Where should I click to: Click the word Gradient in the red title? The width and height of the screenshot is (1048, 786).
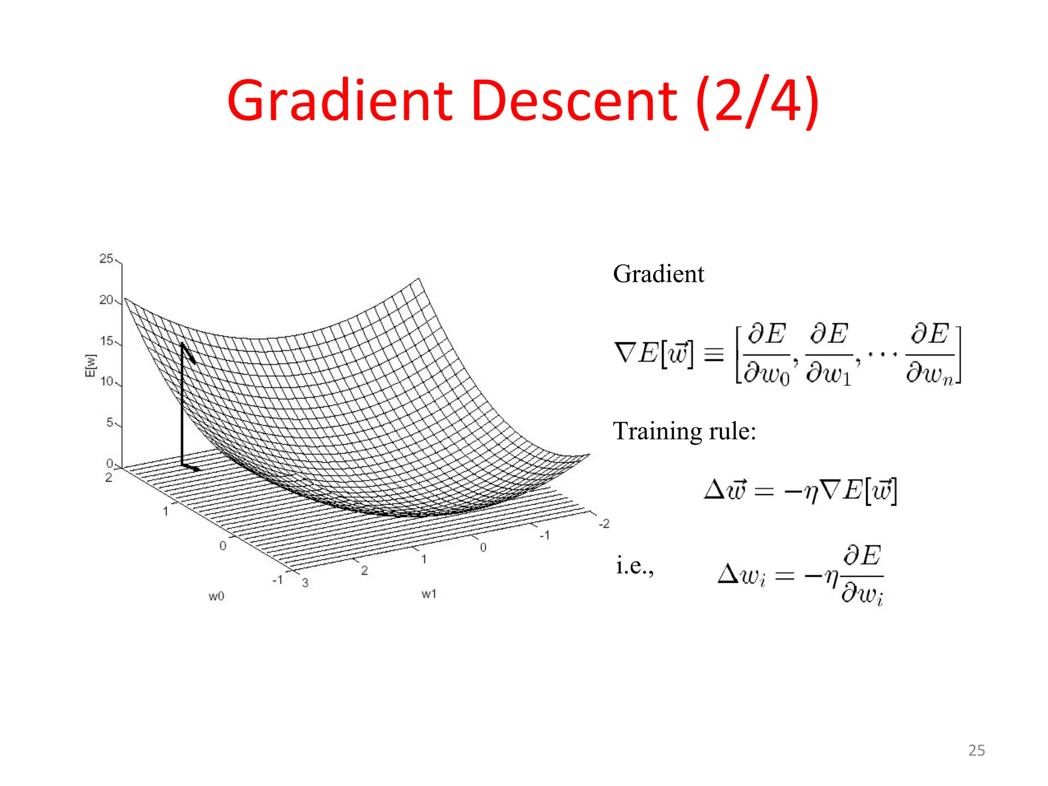339,101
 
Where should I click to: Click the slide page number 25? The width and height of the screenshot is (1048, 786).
976,750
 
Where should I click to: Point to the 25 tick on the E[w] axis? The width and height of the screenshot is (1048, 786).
106,259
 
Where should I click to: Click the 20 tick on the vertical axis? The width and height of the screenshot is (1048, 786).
106,300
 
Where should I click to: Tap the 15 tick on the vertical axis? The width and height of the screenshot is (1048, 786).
106,341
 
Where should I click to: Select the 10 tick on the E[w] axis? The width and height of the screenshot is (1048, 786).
106,382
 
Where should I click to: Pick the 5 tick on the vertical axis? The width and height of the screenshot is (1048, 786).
110,423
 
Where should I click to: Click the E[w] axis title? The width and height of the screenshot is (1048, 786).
90,365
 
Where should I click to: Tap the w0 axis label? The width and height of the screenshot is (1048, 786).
216,596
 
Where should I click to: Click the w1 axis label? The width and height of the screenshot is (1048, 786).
429,594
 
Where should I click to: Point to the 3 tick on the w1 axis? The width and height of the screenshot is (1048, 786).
305,583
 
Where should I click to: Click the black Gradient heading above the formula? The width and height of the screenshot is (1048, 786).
658,274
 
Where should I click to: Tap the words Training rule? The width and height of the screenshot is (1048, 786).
684,431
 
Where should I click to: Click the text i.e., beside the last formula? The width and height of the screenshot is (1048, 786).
635,566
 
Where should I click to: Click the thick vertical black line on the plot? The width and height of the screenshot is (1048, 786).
182,404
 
